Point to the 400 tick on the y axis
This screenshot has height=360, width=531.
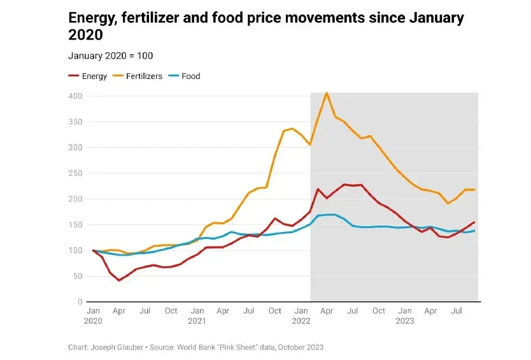pyautogui.click(x=75, y=96)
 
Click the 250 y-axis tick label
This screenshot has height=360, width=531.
pyautogui.click(x=75, y=173)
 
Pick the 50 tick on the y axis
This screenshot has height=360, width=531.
pyautogui.click(x=78, y=276)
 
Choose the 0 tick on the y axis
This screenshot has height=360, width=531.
pyautogui.click(x=80, y=302)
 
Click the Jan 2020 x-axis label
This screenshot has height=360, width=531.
pyautogui.click(x=93, y=316)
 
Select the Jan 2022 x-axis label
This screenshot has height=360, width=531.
pyautogui.click(x=302, y=316)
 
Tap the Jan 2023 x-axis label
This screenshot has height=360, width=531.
pyautogui.click(x=406, y=316)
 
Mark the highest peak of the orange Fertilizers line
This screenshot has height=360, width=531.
pyautogui.click(x=327, y=93)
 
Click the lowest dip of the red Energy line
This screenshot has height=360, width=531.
pyautogui.click(x=118, y=280)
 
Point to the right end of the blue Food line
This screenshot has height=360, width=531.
pyautogui.click(x=475, y=231)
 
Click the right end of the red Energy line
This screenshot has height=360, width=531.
pyautogui.click(x=475, y=222)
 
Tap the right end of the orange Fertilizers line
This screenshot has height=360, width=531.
pyautogui.click(x=475, y=190)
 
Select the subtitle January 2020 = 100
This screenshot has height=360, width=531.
pyautogui.click(x=110, y=56)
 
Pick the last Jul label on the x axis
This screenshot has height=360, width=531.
pyautogui.click(x=457, y=311)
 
